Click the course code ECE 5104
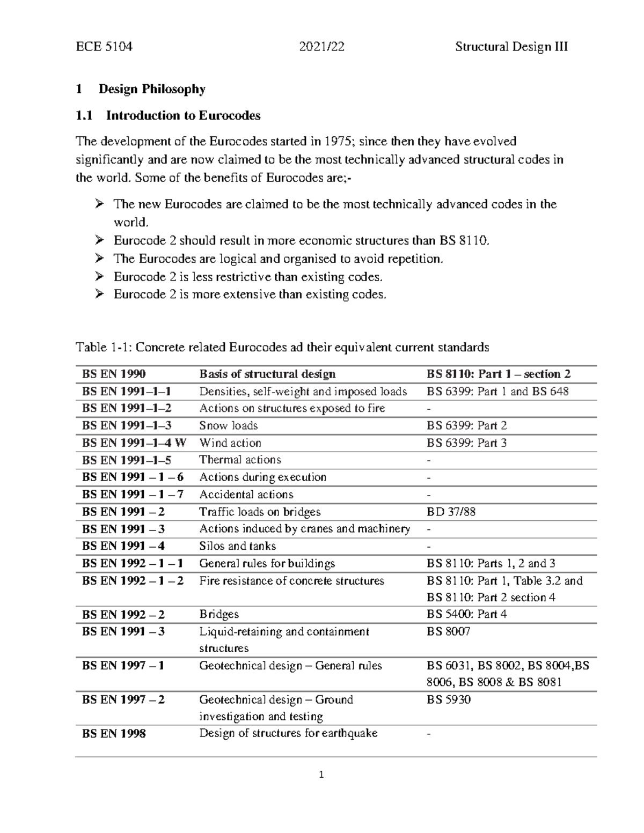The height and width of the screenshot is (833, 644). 104,47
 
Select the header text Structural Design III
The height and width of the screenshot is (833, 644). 511,47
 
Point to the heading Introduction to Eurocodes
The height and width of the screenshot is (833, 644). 183,115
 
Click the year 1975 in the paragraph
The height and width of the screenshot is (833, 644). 338,142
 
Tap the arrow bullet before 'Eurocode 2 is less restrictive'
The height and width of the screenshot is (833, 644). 99,277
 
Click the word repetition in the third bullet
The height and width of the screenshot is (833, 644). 415,259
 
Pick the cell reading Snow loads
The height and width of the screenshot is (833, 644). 228,426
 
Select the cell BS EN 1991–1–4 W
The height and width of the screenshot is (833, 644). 134,443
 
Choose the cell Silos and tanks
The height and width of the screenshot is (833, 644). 237,546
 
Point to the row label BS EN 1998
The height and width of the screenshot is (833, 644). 114,734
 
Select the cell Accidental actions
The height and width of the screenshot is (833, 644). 246,495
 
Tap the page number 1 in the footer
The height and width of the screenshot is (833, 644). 321,775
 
